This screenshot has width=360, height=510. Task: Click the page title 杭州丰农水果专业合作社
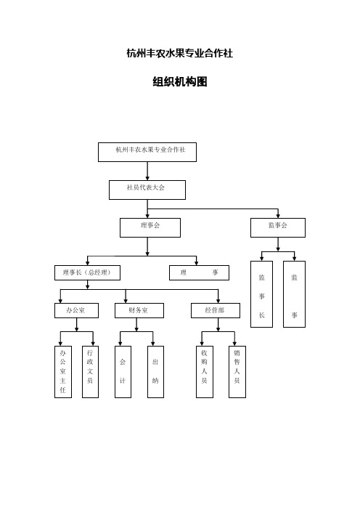pyautogui.click(x=179, y=53)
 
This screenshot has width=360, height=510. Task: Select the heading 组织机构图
pyautogui.click(x=179, y=82)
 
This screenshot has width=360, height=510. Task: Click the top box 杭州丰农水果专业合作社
pyautogui.click(x=147, y=151)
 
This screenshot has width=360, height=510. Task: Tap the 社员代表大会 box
pyautogui.click(x=147, y=189)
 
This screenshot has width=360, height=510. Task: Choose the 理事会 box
pyautogui.click(x=150, y=227)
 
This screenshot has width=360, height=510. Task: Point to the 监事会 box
pyautogui.click(x=277, y=227)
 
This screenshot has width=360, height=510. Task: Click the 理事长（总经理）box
pyautogui.click(x=86, y=272)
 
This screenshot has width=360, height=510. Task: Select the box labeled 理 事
pyautogui.click(x=199, y=272)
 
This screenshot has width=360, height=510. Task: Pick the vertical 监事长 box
pyautogui.click(x=261, y=294)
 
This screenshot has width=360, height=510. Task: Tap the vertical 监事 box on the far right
pyautogui.click(x=294, y=294)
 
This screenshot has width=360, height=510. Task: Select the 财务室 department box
pyautogui.click(x=139, y=310)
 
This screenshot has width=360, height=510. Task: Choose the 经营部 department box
pyautogui.click(x=215, y=310)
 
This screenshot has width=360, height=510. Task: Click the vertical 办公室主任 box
pyautogui.click(x=63, y=371)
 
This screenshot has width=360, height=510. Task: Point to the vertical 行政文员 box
pyautogui.click(x=90, y=371)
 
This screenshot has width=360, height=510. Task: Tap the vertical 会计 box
pyautogui.click(x=123, y=371)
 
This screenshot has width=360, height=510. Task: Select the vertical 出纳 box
pyautogui.click(x=155, y=371)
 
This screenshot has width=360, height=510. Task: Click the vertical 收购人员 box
pyautogui.click(x=205, y=371)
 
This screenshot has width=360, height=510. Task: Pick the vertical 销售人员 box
pyautogui.click(x=237, y=371)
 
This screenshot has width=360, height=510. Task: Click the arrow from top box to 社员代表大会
pyautogui.click(x=147, y=171)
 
